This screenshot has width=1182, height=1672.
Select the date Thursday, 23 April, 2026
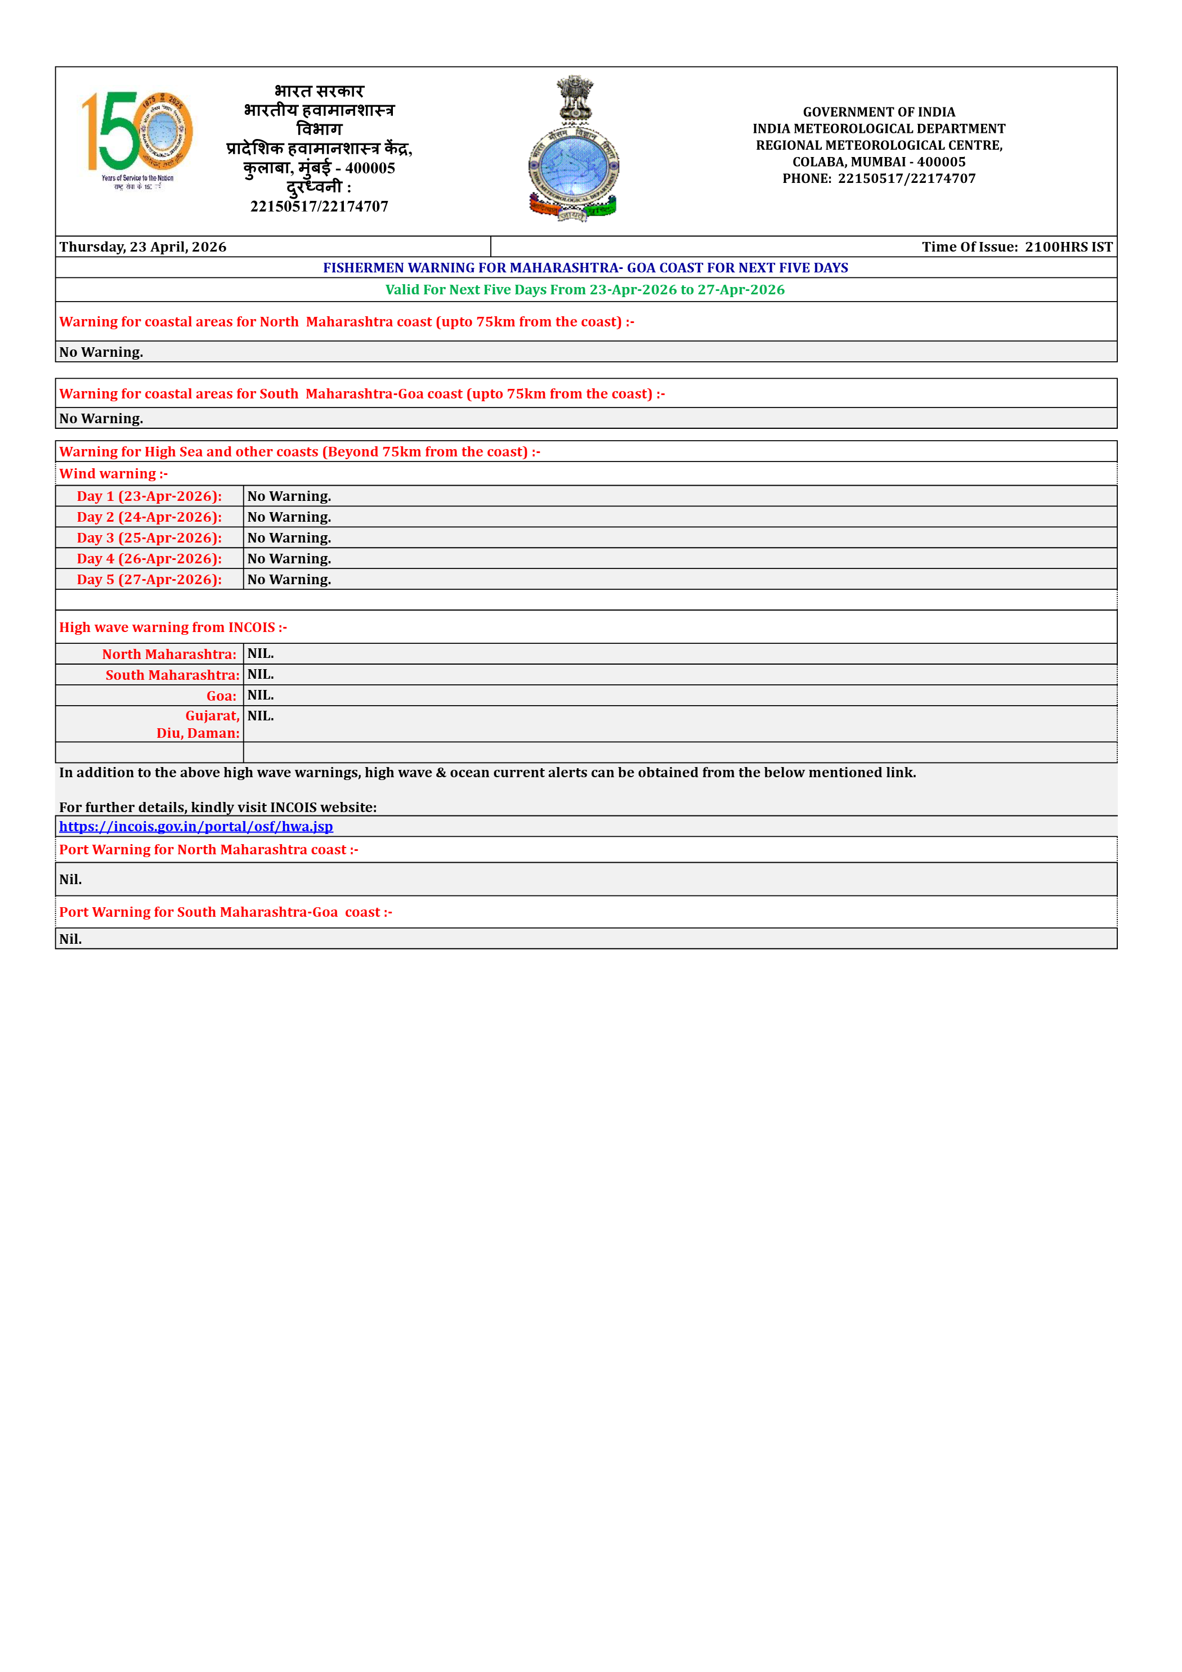pyautogui.click(x=143, y=247)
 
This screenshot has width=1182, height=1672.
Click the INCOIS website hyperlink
pyautogui.click(x=196, y=827)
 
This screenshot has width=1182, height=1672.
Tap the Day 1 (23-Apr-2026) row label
pyautogui.click(x=149, y=496)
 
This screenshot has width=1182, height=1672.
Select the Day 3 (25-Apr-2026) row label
pyautogui.click(x=149, y=538)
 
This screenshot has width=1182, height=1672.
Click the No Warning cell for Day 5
pyautogui.click(x=289, y=580)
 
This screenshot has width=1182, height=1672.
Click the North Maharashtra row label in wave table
pyautogui.click(x=169, y=654)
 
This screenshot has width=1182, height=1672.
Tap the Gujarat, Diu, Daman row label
pyautogui.click(x=198, y=725)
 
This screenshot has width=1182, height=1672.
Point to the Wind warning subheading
pyautogui.click(x=114, y=474)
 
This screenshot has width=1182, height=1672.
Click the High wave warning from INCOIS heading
pyautogui.click(x=173, y=627)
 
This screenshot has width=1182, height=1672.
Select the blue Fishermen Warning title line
pyautogui.click(x=585, y=268)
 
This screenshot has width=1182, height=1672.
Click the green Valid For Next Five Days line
pyautogui.click(x=585, y=290)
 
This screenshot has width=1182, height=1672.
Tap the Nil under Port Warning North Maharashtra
pyautogui.click(x=71, y=880)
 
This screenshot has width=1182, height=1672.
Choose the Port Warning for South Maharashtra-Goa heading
pyautogui.click(x=226, y=912)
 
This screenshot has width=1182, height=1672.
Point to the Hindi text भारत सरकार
pyautogui.click(x=319, y=92)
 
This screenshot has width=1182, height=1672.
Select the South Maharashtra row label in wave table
pyautogui.click(x=172, y=675)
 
